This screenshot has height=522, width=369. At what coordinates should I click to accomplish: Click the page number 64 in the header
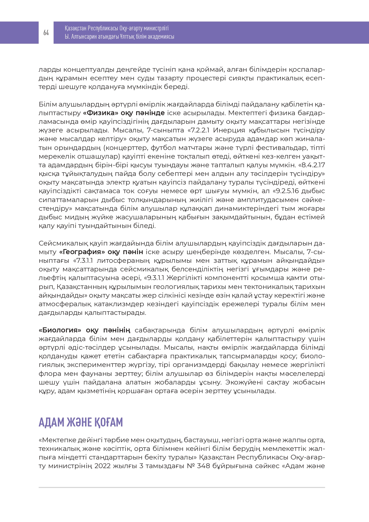(x=46, y=33)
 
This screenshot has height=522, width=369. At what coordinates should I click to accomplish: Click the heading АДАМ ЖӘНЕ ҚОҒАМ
(x=81, y=422)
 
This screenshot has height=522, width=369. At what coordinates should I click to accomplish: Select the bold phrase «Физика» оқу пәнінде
(x=124, y=113)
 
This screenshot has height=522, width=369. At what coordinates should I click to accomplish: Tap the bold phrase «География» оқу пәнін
(x=101, y=252)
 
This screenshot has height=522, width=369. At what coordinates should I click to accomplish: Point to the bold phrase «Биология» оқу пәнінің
(x=84, y=330)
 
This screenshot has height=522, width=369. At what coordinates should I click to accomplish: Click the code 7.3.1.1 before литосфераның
(x=85, y=261)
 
